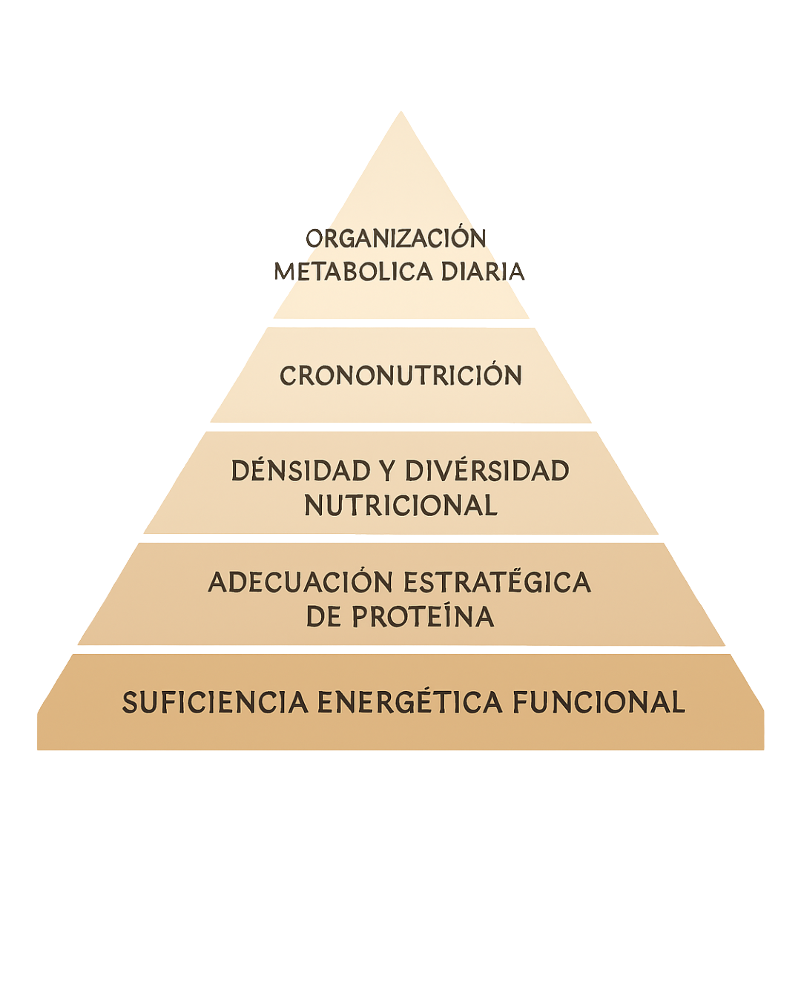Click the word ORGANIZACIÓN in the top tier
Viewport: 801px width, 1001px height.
tap(397, 239)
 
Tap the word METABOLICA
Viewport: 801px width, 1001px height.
tap(355, 271)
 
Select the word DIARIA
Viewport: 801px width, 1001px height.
tap(483, 271)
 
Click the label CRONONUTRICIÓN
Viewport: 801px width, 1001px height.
tap(400, 376)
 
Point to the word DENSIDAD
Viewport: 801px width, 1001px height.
tap(311, 472)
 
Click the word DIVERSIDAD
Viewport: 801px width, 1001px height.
tap(487, 472)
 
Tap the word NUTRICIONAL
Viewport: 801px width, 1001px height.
tap(400, 506)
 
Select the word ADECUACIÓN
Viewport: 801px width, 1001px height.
tap(300, 583)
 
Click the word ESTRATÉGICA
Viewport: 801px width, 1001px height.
tap(496, 583)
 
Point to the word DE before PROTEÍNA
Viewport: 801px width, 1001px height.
tap(323, 616)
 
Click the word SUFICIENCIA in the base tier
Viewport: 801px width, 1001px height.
tap(215, 703)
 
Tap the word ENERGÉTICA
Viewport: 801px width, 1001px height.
tap(409, 703)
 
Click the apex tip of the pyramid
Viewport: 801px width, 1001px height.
tap(401, 113)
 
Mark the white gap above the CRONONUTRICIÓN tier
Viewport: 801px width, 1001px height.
tap(400, 324)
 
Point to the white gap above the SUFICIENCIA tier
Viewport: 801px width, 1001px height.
tap(400, 650)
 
